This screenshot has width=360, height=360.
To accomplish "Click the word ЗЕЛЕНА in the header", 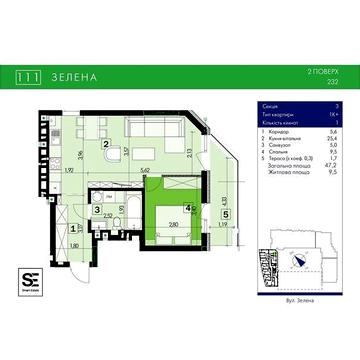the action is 71,74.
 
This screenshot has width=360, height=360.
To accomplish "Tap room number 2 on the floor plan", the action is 105,143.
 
